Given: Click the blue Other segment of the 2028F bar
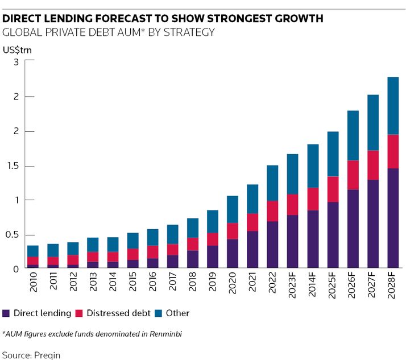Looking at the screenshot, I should click(393, 106).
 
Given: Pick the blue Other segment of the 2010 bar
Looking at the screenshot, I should click(33, 251).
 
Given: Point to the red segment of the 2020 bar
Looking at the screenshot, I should click(233, 231).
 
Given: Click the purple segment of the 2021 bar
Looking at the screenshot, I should click(252, 250).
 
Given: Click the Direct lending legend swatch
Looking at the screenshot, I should click(6, 313).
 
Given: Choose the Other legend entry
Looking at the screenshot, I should click(179, 313).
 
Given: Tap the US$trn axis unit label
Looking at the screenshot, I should click(18, 49).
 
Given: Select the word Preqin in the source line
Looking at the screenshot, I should click(47, 354).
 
